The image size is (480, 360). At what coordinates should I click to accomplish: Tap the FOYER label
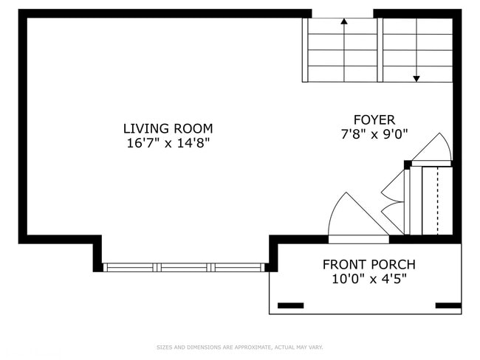click(x=374, y=120)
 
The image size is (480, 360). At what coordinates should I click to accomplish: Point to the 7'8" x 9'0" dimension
click(x=374, y=134)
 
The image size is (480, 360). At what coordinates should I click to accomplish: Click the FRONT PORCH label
click(x=368, y=264)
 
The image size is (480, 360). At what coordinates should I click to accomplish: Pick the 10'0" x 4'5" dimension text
click(x=368, y=280)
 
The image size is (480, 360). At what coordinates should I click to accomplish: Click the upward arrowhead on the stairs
click(x=344, y=22)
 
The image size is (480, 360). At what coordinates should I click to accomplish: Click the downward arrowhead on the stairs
click(x=416, y=77)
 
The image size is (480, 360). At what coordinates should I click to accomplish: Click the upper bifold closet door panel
click(x=393, y=186)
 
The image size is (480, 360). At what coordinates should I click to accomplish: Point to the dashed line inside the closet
click(x=438, y=201)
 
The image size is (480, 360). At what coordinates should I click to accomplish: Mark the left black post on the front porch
click(x=289, y=305)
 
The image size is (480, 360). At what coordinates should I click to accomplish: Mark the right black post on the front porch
click(x=448, y=305)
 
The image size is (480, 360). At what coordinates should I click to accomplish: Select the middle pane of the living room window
click(x=184, y=268)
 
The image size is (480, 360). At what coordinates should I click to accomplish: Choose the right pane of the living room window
click(x=238, y=268)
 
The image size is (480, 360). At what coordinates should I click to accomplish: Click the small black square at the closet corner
click(x=408, y=165)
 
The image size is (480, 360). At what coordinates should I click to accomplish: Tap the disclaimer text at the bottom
click(x=239, y=347)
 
